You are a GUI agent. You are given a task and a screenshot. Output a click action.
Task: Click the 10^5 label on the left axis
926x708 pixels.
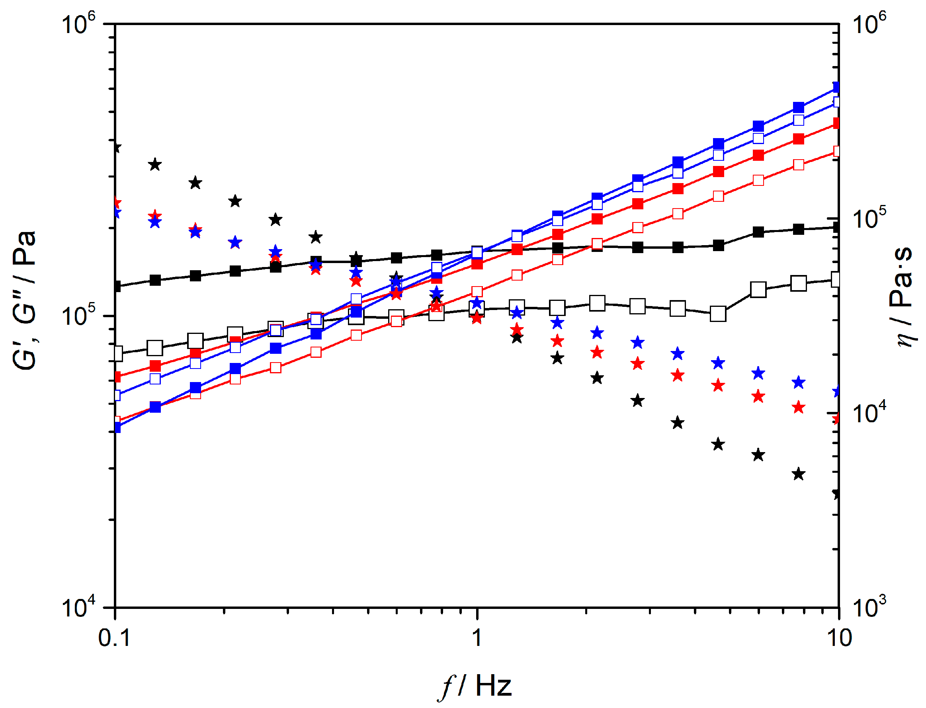pos(78,315)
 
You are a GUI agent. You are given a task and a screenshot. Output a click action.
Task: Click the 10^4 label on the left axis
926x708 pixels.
pos(78,607)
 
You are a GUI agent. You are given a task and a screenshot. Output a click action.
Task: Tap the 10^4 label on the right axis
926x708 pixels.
pos(869,413)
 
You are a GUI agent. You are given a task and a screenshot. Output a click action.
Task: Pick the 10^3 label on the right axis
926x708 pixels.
pos(869,607)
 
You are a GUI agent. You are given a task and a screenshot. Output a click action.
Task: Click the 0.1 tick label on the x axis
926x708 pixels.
pos(114,638)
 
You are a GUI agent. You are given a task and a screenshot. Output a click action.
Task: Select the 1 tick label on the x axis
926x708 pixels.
pos(477,638)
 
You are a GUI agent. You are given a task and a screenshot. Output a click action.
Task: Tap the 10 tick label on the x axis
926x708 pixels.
pos(839,638)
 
